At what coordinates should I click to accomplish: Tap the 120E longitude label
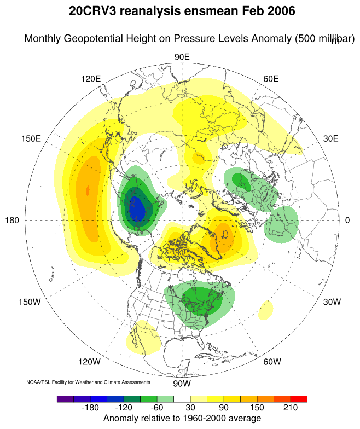[x=91, y=79]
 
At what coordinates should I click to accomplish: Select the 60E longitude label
[x=271, y=79]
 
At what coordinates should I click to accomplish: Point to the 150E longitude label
[x=31, y=138]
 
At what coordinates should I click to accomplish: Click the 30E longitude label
[x=331, y=138]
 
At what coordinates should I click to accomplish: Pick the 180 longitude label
[x=12, y=220]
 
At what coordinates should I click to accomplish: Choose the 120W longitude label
[x=89, y=362]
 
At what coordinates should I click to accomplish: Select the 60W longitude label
[x=272, y=362]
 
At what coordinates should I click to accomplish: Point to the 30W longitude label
[x=332, y=302]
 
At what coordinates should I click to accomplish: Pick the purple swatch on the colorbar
[x=65, y=399]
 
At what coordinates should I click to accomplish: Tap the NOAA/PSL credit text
[x=88, y=381]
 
